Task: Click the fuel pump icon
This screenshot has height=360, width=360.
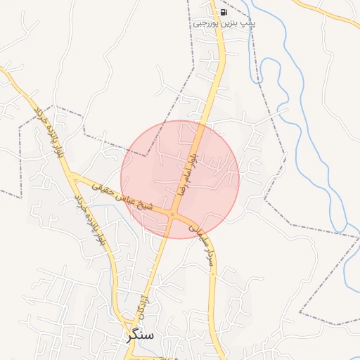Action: [224, 12]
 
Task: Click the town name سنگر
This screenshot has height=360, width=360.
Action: [139, 335]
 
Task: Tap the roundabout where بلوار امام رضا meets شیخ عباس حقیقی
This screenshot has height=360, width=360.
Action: [173, 213]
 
